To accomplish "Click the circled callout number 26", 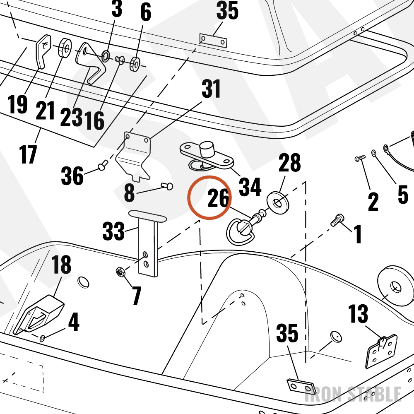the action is click(218, 198).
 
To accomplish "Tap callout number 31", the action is click(211, 89).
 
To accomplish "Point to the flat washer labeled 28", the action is click(277, 203).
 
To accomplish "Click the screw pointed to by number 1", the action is click(338, 220).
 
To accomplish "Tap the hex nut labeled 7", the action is click(120, 272).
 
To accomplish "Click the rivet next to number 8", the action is click(167, 186).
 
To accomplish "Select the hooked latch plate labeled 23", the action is click(91, 63).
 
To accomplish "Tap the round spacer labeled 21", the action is click(65, 48).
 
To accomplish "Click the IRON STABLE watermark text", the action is click(353, 394).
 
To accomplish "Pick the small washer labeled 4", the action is click(42, 338).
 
